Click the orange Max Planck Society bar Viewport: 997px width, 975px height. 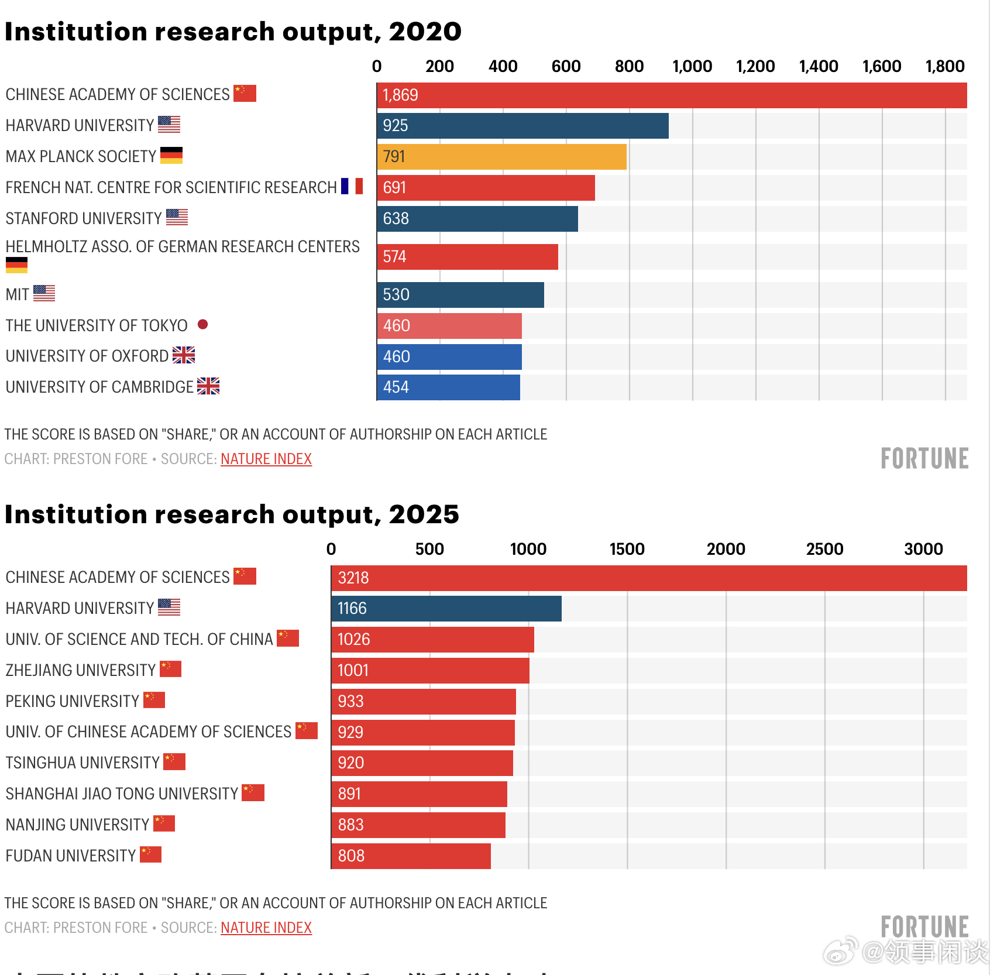(501, 157)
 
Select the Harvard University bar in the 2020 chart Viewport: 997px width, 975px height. (522, 126)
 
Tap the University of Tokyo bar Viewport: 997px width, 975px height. (449, 326)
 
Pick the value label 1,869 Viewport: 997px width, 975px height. (400, 95)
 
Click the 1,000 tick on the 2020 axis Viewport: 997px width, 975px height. (692, 67)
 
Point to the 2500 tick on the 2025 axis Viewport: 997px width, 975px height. (824, 549)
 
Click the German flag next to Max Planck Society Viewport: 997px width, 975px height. (171, 155)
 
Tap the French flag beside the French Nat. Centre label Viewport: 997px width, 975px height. (352, 186)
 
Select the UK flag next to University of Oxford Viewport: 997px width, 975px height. (184, 355)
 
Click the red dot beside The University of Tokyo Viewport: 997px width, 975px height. (203, 324)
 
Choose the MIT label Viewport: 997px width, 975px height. (18, 294)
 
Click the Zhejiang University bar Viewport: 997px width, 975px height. (430, 671)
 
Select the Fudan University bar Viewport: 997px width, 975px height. (411, 856)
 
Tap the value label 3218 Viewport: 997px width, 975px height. (353, 578)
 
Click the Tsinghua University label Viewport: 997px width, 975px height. (82, 763)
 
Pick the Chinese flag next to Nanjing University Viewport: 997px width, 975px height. (164, 823)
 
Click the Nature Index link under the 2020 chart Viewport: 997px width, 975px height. (266, 459)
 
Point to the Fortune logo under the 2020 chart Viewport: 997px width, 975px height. (924, 459)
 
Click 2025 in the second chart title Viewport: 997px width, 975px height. (424, 515)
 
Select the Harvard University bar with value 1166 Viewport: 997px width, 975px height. (446, 609)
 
